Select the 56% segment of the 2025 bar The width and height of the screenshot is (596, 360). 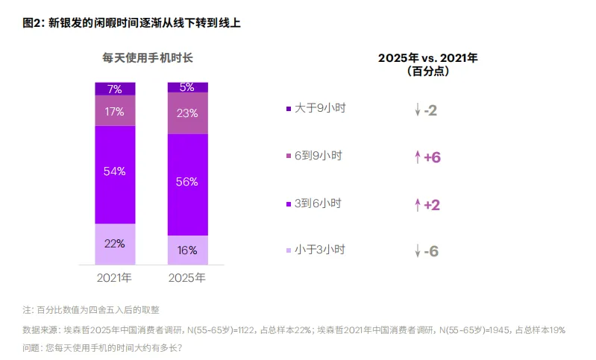(187, 182)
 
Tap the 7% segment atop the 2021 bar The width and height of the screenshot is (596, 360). (115, 89)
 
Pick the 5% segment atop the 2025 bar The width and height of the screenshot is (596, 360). (187, 87)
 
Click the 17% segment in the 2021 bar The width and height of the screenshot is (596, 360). (115, 111)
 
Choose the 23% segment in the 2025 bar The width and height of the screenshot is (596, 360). (187, 113)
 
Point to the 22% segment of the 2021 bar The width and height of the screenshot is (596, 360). (115, 244)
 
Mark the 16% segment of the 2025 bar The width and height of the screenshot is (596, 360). (187, 250)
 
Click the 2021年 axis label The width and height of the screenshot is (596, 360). (115, 278)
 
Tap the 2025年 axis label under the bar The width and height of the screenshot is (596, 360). (187, 278)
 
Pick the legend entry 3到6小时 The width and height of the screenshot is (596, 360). (318, 203)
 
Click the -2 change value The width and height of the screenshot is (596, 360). (430, 111)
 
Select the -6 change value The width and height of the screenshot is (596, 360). (430, 252)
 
